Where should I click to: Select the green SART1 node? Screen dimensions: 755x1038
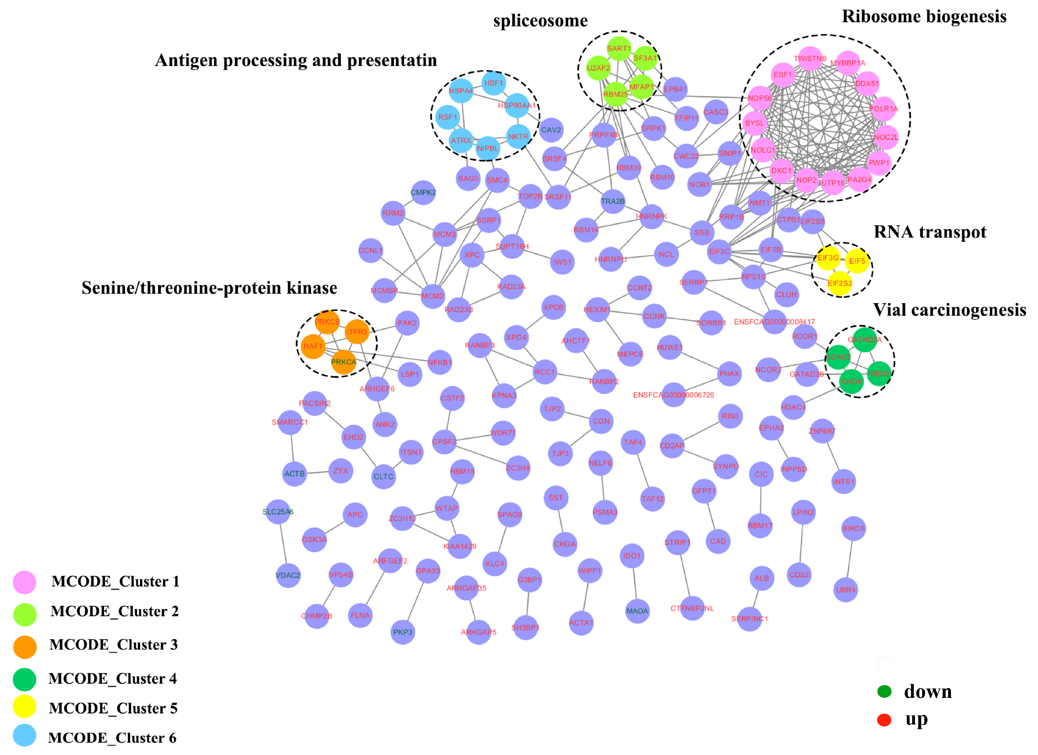point(619,49)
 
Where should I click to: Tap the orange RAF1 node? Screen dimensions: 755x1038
point(313,346)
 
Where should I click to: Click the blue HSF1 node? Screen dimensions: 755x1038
point(493,83)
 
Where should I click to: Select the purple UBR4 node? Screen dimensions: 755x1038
point(845,590)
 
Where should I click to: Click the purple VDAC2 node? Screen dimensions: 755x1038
point(288,575)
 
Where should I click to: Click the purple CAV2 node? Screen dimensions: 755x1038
point(551,130)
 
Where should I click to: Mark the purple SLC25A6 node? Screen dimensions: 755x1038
point(278,512)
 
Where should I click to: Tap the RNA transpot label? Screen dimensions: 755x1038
point(930,232)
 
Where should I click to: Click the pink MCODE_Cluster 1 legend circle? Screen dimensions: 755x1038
point(25,582)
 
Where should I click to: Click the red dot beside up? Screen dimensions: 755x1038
point(884,720)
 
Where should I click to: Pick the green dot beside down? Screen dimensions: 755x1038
point(884,691)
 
